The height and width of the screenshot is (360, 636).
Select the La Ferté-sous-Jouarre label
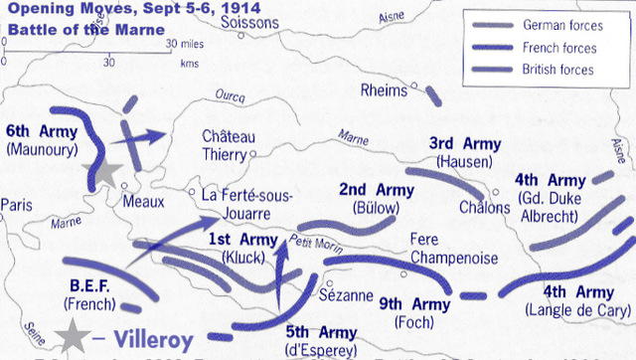pos(246,203)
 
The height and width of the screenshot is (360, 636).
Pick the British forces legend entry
pos(562,70)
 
